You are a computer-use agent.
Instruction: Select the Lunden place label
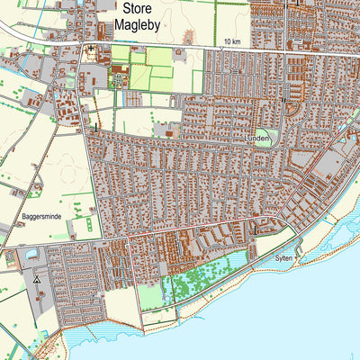point(256,139)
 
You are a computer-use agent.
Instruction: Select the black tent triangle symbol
point(37,280)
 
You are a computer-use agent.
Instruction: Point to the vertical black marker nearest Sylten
point(254,229)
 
